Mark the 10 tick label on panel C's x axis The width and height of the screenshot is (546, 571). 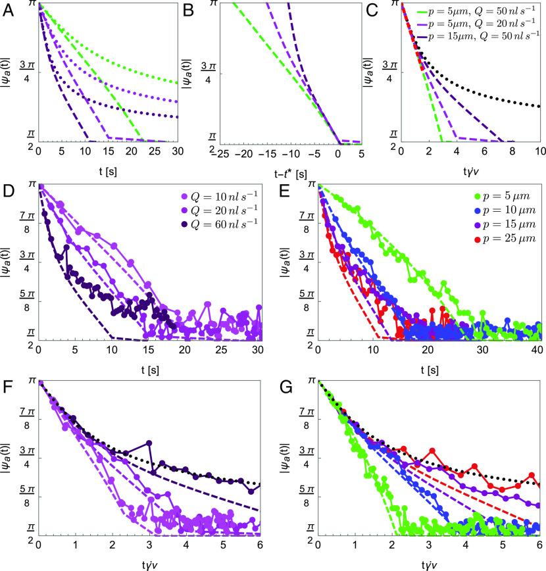click(539, 152)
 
